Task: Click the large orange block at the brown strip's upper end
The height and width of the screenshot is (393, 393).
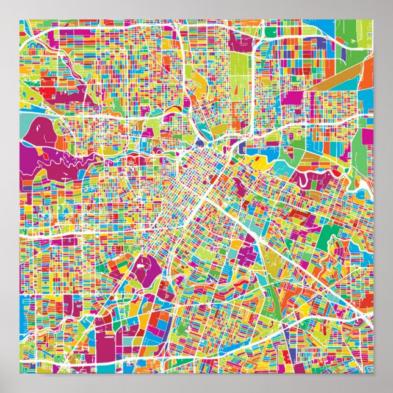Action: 366,70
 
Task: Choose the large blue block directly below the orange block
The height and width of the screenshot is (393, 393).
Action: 366,98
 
